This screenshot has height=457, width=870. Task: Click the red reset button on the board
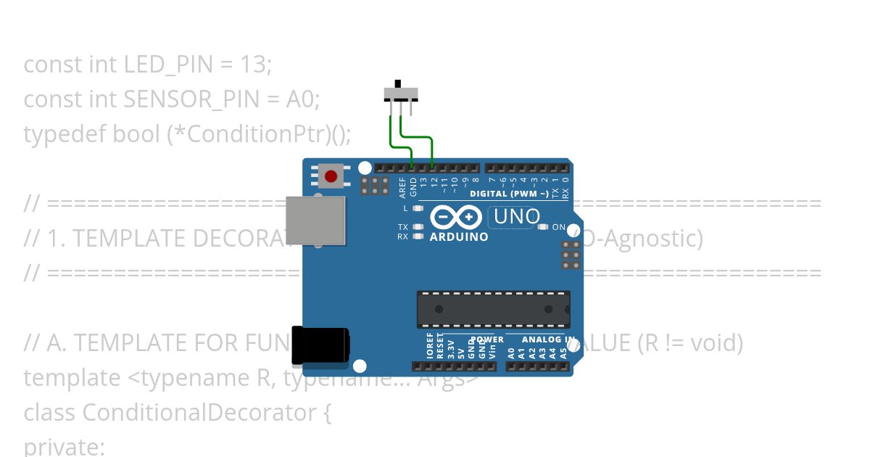[x=331, y=176]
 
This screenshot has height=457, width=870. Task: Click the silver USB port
[x=315, y=220]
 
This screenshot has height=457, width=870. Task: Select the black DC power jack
[x=320, y=345]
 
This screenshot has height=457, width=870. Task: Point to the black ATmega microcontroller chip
[x=493, y=309]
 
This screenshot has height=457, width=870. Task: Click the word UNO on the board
[x=517, y=216]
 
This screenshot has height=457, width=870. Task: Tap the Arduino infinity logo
[x=456, y=217]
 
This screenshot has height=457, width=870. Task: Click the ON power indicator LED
[x=543, y=227]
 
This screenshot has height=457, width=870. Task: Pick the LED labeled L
[x=417, y=208]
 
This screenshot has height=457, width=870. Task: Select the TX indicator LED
[x=417, y=227]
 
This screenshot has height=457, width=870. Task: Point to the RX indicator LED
[x=417, y=236]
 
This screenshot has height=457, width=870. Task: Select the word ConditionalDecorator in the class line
[x=199, y=413]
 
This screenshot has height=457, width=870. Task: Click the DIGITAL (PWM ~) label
[x=508, y=194]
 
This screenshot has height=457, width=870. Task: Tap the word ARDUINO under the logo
[x=459, y=237]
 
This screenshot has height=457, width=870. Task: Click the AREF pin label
[x=403, y=187]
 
